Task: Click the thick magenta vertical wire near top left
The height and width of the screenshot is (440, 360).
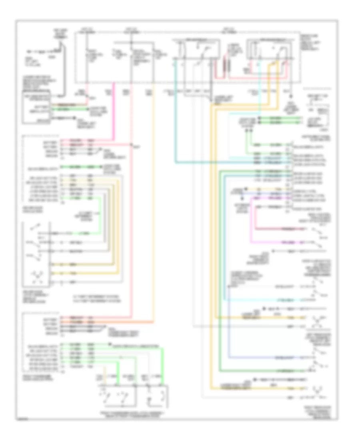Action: pyautogui.click(x=114, y=112)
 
